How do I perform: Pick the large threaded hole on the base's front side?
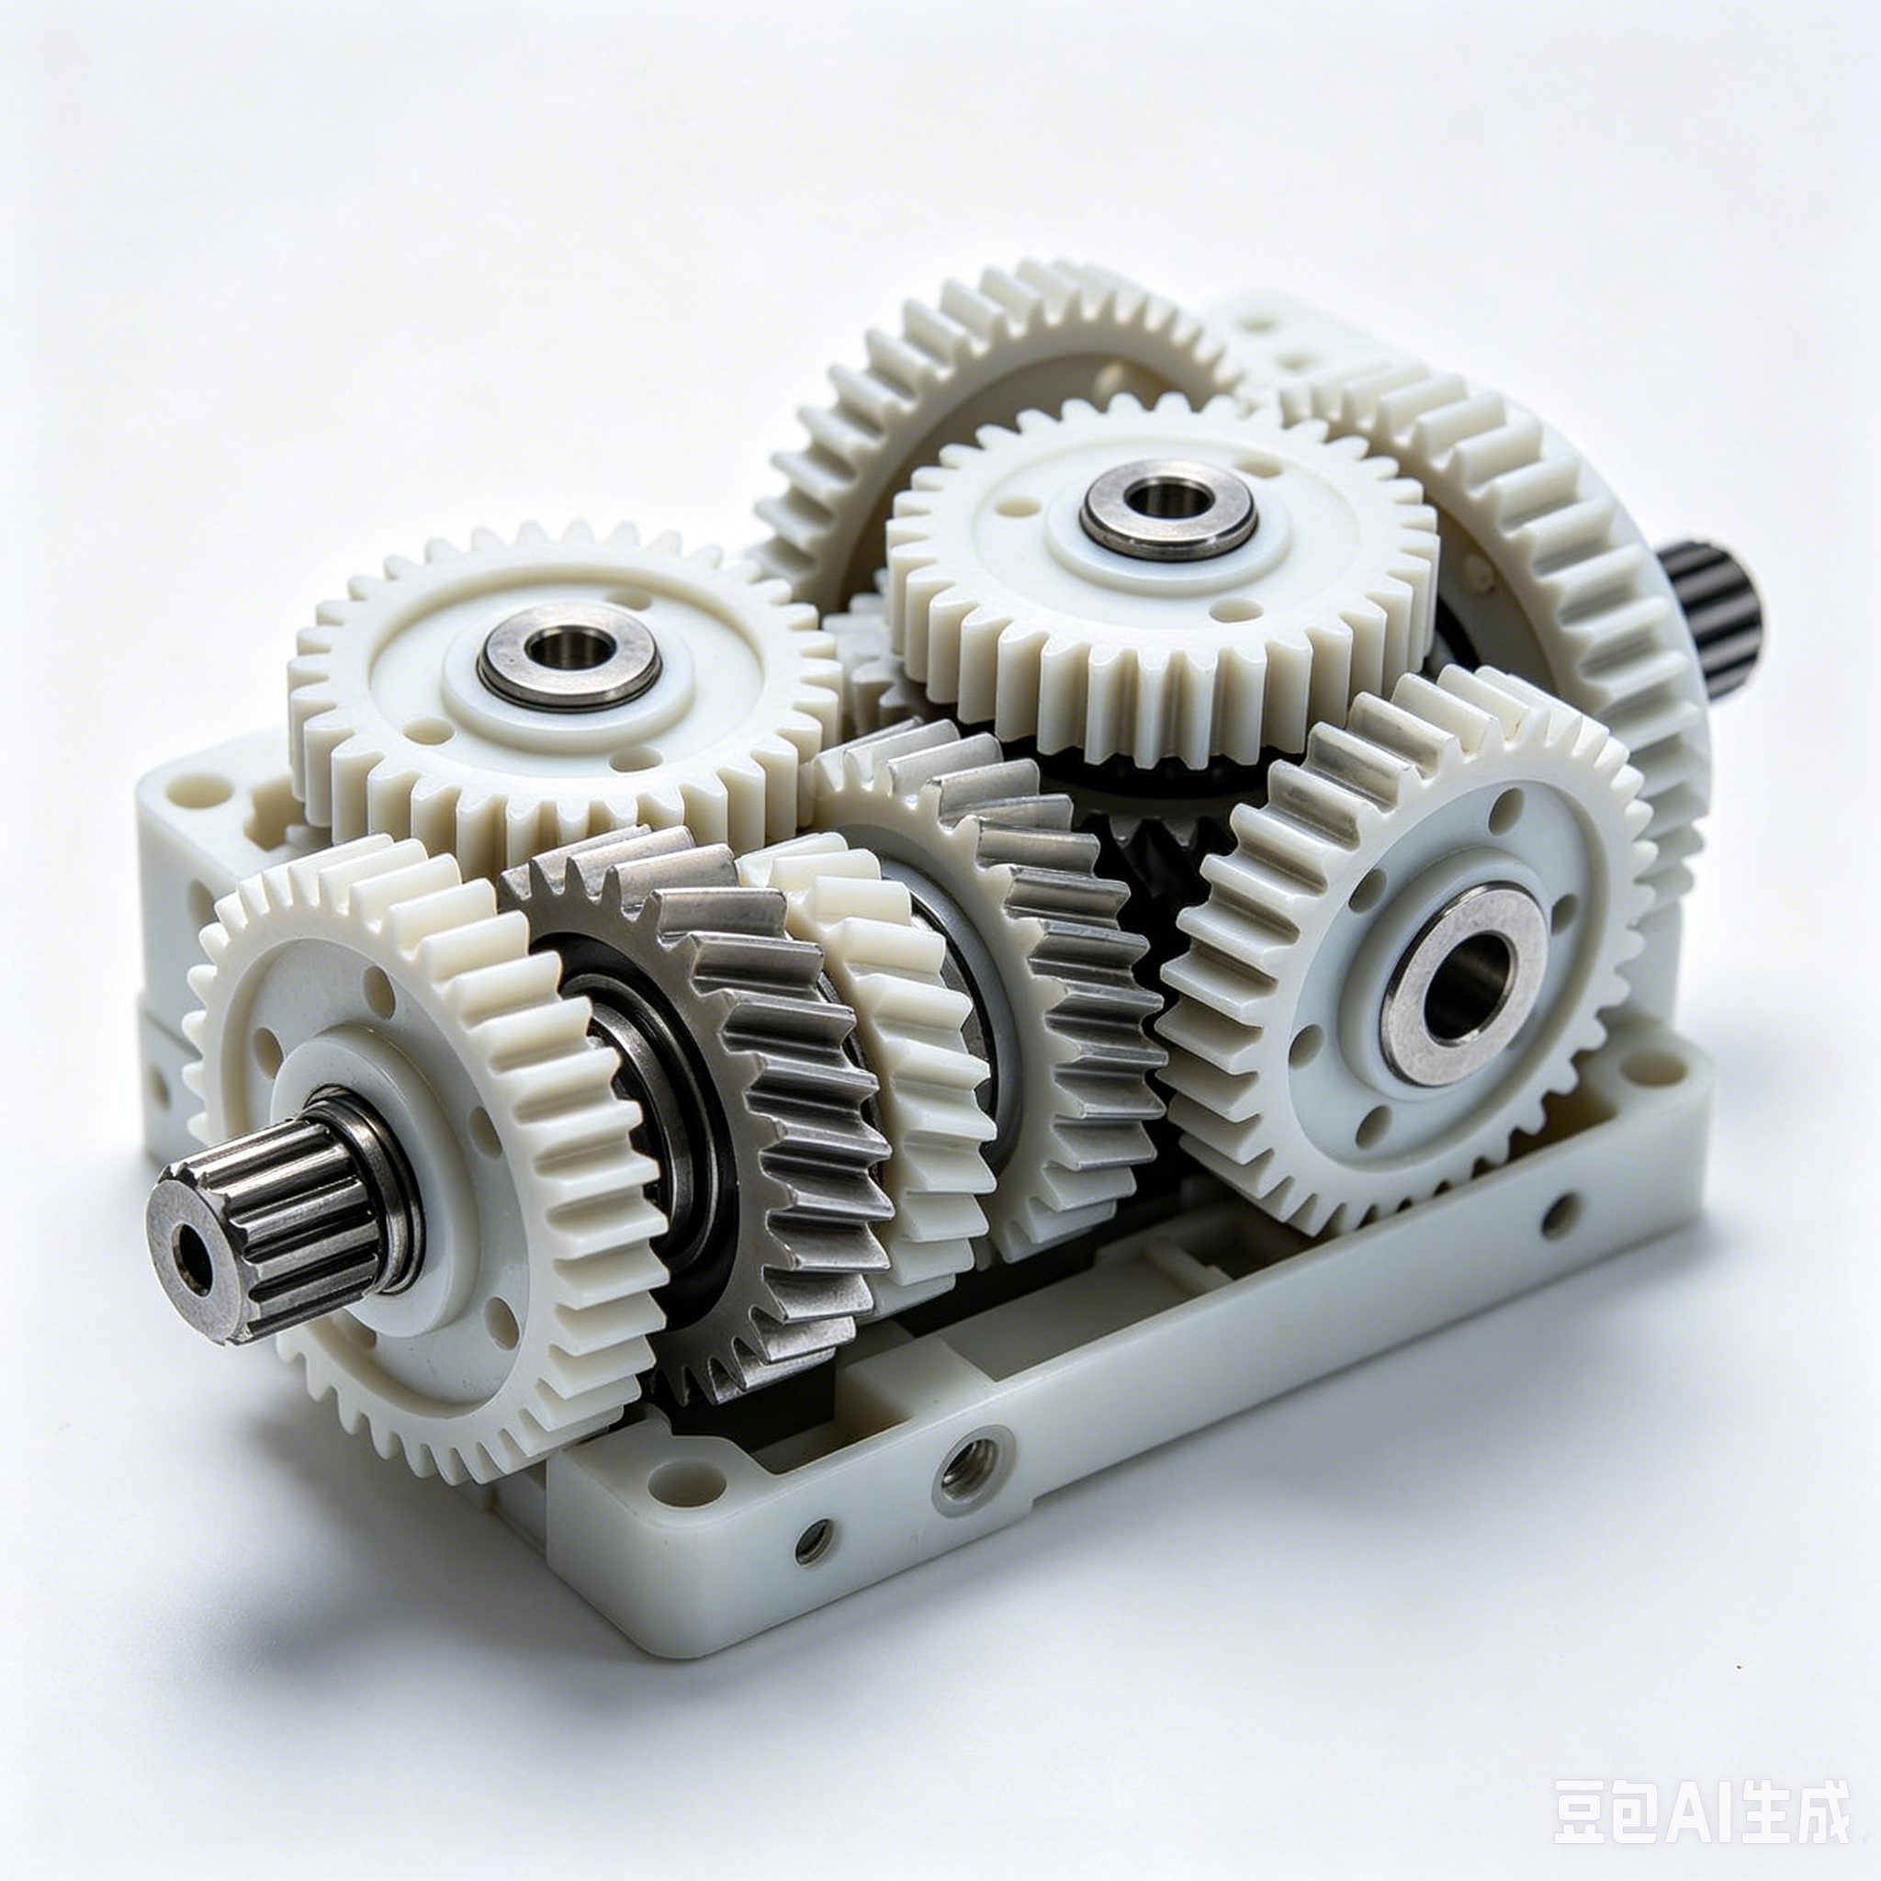(x=973, y=1471)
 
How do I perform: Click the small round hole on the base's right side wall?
(x=1560, y=1216)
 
